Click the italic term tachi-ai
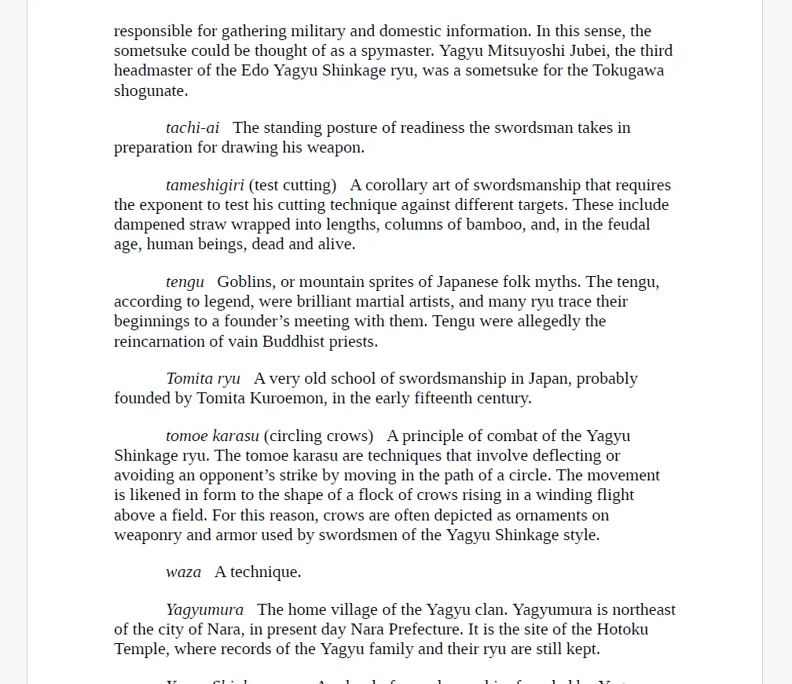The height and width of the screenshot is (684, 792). (192, 128)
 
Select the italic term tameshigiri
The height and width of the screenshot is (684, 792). (204, 186)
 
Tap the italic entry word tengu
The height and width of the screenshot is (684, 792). (185, 282)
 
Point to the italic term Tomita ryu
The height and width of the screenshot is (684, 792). (203, 379)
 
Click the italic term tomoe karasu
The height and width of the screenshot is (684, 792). (212, 436)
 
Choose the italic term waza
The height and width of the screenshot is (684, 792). (183, 572)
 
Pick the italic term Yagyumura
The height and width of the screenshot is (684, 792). (204, 610)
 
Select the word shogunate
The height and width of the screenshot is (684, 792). (150, 90)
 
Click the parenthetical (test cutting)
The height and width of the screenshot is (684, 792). (292, 186)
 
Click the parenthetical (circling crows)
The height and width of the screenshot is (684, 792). (318, 436)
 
